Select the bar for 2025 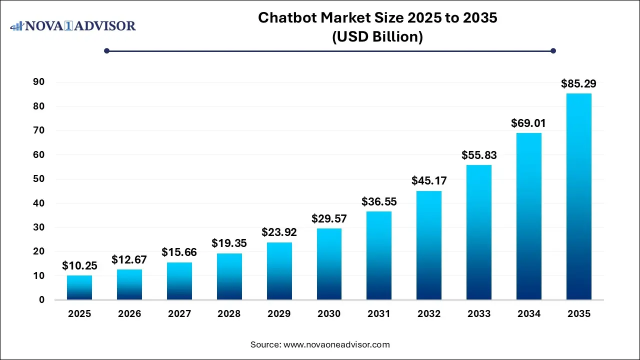point(79,287)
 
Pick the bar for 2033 point(478,232)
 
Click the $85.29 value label point(578,83)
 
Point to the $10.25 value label point(79,266)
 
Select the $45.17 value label point(429,180)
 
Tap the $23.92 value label point(279,232)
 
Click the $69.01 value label point(528,123)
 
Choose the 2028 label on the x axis point(229,314)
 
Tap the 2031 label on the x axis point(379,314)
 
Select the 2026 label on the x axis point(129,314)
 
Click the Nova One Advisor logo point(73,25)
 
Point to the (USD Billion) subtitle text point(377,37)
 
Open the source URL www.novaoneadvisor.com point(336,344)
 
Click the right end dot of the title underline point(553,50)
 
